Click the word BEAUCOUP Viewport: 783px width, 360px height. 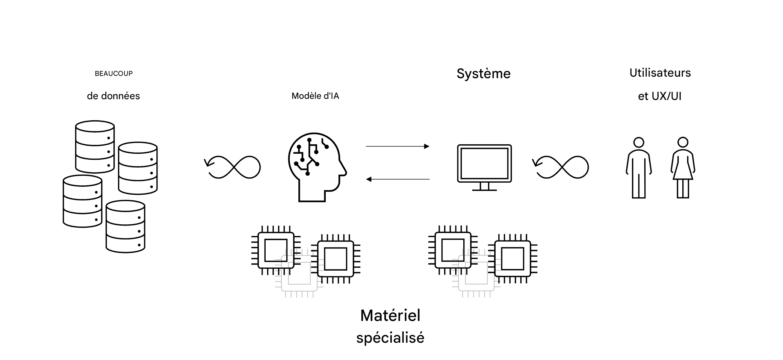click(113, 74)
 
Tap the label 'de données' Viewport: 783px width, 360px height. click(113, 96)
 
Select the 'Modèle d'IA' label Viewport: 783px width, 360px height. click(315, 96)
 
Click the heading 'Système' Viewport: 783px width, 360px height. click(484, 74)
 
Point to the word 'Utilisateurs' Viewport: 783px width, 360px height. click(660, 73)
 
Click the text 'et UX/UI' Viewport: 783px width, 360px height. click(659, 96)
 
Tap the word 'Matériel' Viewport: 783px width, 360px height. click(390, 316)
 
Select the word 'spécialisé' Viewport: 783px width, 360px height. click(390, 338)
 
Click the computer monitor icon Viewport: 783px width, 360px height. click(484, 164)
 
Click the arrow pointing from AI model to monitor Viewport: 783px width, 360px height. click(398, 146)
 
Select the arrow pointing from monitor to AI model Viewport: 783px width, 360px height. click(398, 179)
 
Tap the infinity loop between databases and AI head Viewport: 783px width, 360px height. click(233, 167)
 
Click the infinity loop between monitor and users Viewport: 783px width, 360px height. click(561, 167)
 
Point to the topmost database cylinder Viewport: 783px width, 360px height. click(95, 147)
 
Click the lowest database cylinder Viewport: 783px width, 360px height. click(125, 227)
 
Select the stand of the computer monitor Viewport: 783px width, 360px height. click(484, 187)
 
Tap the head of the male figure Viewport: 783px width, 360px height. click(639, 142)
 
